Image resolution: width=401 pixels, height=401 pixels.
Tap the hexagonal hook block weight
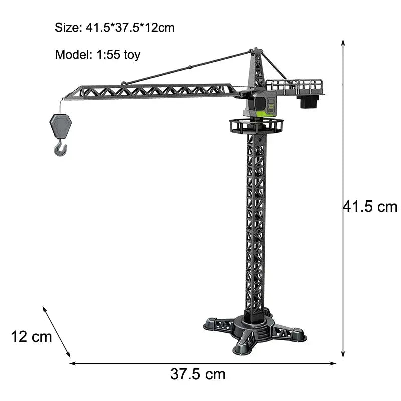[60, 126]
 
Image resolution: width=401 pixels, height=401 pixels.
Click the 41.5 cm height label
[370, 206]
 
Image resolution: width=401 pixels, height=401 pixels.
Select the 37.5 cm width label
[198, 374]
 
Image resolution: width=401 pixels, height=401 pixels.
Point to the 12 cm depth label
[31, 336]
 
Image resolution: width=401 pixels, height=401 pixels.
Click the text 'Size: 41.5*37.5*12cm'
[115, 28]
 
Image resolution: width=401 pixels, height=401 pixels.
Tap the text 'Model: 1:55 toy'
[98, 55]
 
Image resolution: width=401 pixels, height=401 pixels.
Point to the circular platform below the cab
[256, 125]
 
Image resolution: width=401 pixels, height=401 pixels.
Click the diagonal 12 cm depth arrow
[56, 332]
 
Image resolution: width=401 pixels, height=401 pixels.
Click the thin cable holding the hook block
[63, 106]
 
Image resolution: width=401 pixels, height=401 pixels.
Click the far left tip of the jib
[65, 98]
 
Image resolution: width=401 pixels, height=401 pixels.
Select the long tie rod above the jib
[185, 67]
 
